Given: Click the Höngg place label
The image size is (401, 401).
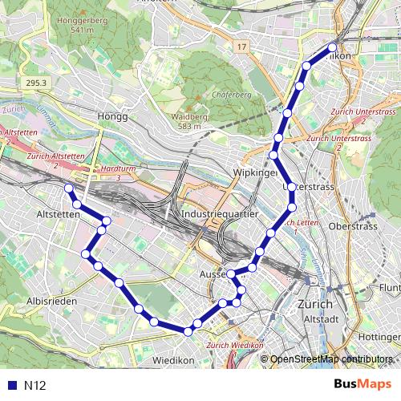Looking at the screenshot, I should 111,116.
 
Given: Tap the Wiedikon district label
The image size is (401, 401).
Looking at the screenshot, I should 173,360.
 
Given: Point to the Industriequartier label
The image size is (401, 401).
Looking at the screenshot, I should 220,215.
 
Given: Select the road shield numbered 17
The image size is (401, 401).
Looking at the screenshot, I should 241,48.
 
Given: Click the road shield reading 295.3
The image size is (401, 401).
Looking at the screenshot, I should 37,83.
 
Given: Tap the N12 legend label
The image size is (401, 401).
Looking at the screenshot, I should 35,385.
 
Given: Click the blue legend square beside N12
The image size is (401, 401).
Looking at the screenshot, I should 11,385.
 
